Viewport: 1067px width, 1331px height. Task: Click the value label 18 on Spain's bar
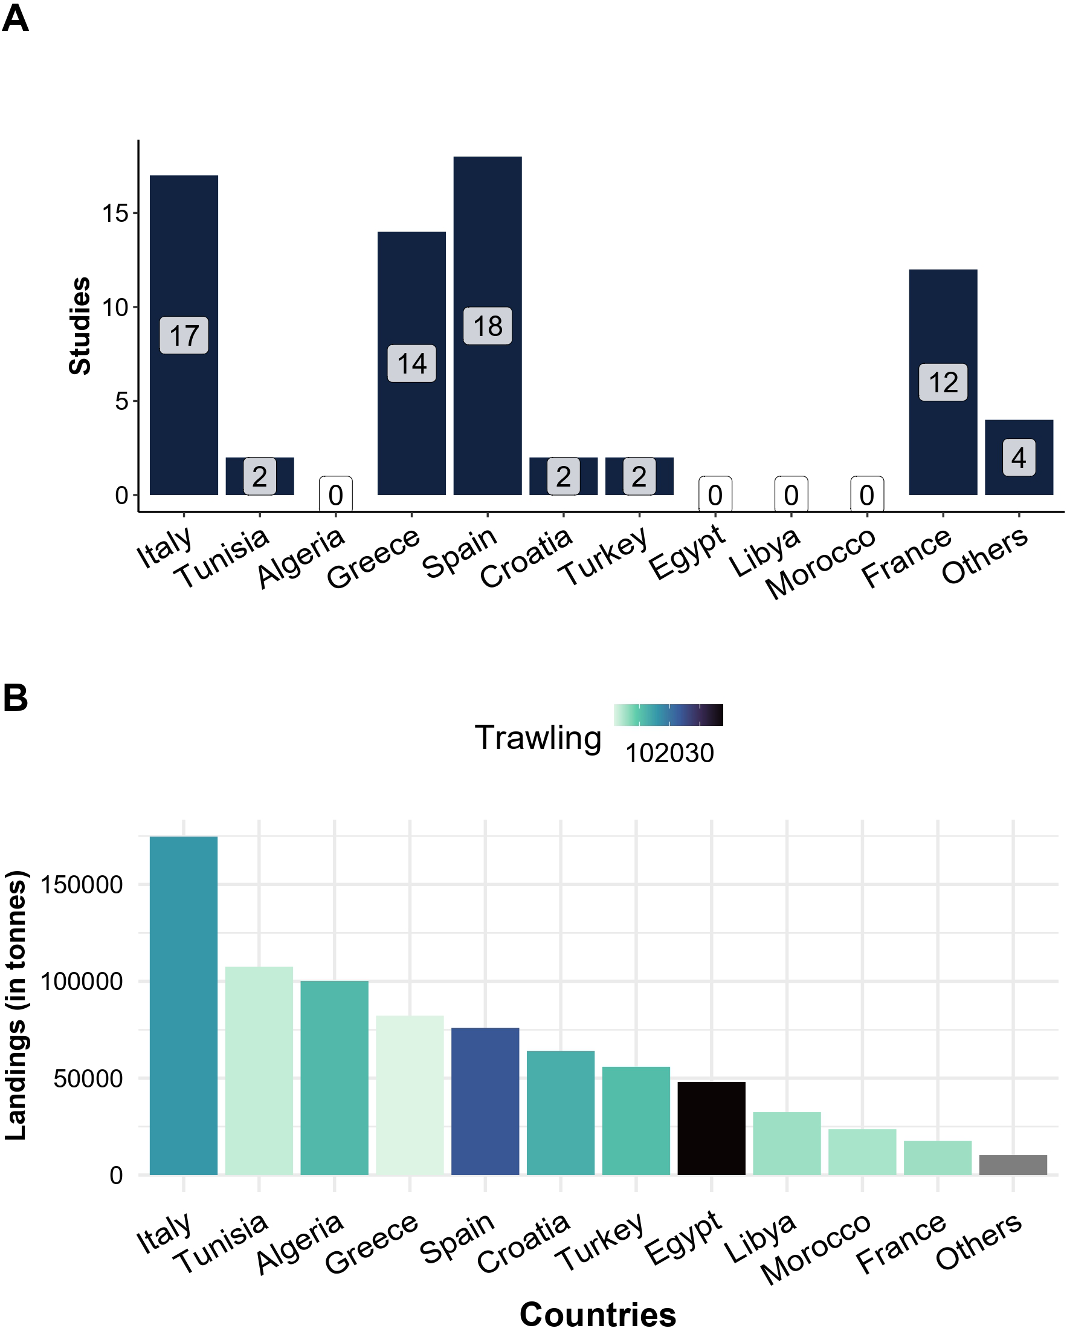tap(487, 325)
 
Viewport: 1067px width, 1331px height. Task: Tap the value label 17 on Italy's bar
tap(184, 335)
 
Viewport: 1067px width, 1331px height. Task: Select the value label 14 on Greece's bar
tap(411, 364)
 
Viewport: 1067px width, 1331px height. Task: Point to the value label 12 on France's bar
tap(943, 382)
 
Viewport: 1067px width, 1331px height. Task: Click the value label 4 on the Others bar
tap(1018, 458)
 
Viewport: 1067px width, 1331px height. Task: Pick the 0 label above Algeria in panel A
tap(336, 494)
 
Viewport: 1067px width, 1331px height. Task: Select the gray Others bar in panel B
tap(1013, 1164)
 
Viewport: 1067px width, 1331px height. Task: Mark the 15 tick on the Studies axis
tap(115, 213)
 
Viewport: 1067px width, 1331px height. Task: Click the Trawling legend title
tap(538, 737)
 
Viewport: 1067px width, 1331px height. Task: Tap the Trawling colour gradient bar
tap(668, 715)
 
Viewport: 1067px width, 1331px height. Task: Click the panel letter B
tap(16, 698)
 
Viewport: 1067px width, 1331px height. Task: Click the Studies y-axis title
tap(80, 325)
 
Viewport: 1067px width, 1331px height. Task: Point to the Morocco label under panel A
tap(820, 562)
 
